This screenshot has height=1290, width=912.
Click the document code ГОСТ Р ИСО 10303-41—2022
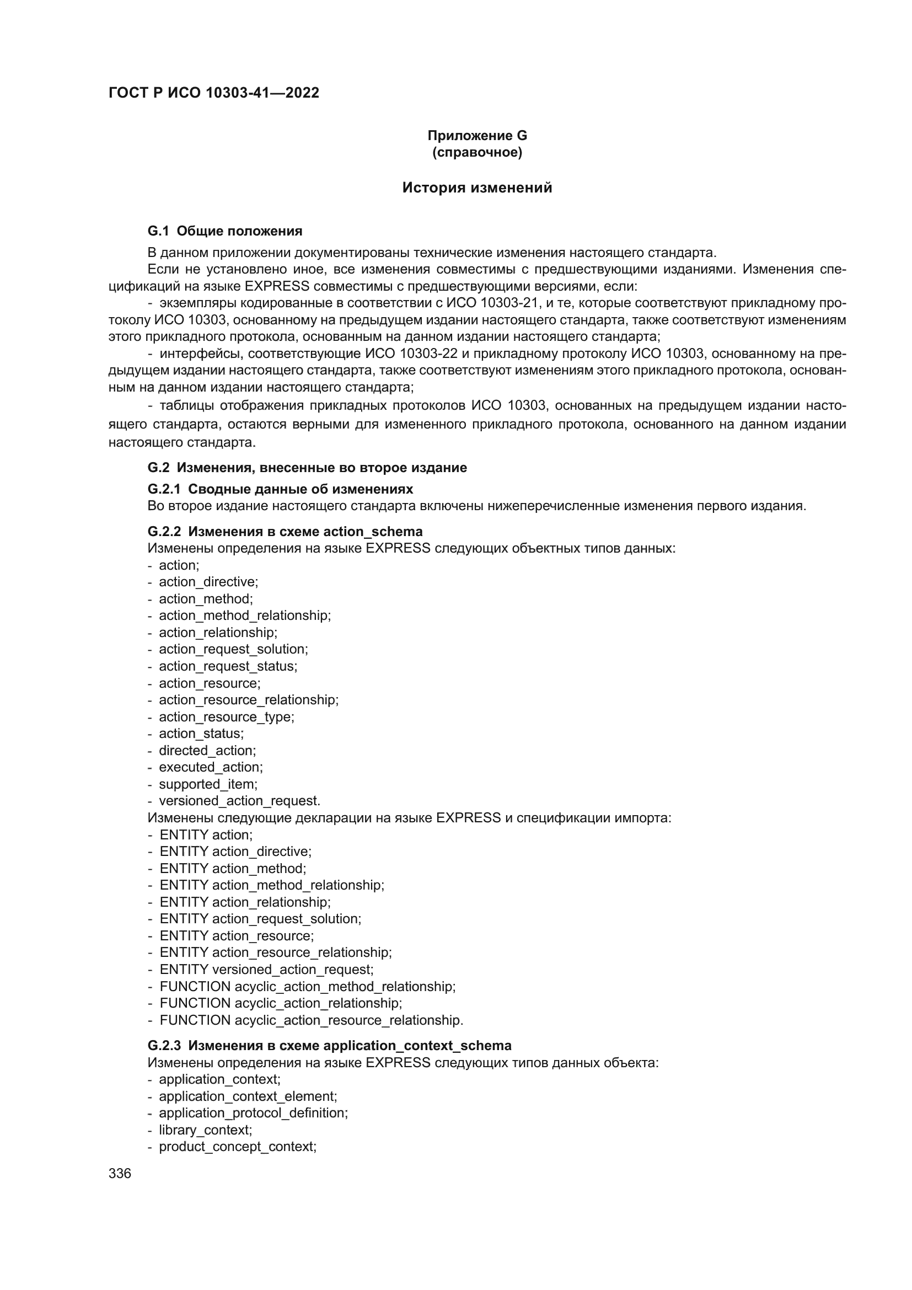click(213, 93)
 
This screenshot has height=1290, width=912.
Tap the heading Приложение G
click(477, 136)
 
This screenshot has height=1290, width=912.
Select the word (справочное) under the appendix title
click(477, 152)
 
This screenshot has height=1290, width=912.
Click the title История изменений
click(477, 188)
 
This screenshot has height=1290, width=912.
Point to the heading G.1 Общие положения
click(224, 231)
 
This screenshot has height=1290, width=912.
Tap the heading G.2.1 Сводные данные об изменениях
click(280, 489)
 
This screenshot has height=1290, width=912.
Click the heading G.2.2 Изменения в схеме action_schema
click(285, 532)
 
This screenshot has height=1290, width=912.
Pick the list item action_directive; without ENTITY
click(208, 582)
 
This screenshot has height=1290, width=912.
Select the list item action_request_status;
click(228, 666)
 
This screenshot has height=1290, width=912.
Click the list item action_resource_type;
click(226, 717)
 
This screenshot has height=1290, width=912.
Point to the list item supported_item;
click(208, 784)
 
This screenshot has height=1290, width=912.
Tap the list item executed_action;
click(211, 768)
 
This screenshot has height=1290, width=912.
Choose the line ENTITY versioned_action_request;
click(266, 970)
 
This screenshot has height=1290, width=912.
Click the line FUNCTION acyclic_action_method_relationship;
click(307, 987)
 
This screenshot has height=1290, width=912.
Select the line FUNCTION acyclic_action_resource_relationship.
click(311, 1020)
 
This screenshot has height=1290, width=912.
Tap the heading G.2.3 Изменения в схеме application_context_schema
click(329, 1046)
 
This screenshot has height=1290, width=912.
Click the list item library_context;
click(205, 1130)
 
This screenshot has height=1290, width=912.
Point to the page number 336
click(120, 1173)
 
